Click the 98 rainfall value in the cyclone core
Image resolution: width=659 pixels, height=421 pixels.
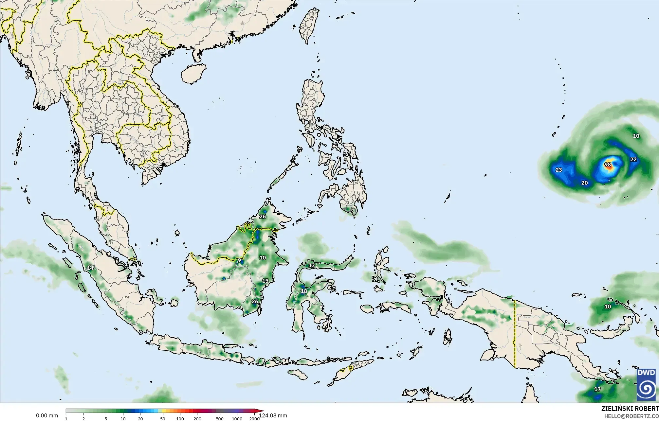608,165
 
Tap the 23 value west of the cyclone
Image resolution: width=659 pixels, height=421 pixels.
559,170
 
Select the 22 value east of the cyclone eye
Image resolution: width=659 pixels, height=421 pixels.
633,159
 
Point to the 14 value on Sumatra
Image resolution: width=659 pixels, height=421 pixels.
90,268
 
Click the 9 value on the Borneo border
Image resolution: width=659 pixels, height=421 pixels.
239,260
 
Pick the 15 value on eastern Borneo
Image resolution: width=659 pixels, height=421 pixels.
265,281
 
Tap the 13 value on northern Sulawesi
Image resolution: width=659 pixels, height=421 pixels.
311,265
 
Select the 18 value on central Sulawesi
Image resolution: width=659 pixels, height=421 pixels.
304,291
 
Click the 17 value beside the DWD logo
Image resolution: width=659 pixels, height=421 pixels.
597,389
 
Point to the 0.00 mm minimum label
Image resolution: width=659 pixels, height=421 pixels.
47,416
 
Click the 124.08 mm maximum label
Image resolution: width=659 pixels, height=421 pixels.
273,415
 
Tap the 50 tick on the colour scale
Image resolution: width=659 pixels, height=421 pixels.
163,419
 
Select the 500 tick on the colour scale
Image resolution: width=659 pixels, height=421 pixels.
220,419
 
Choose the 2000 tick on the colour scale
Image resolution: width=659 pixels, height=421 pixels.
254,419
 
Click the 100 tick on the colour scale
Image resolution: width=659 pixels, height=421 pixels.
180,419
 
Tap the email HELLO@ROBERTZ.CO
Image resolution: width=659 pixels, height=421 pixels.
631,416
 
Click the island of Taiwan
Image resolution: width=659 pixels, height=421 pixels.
309,25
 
